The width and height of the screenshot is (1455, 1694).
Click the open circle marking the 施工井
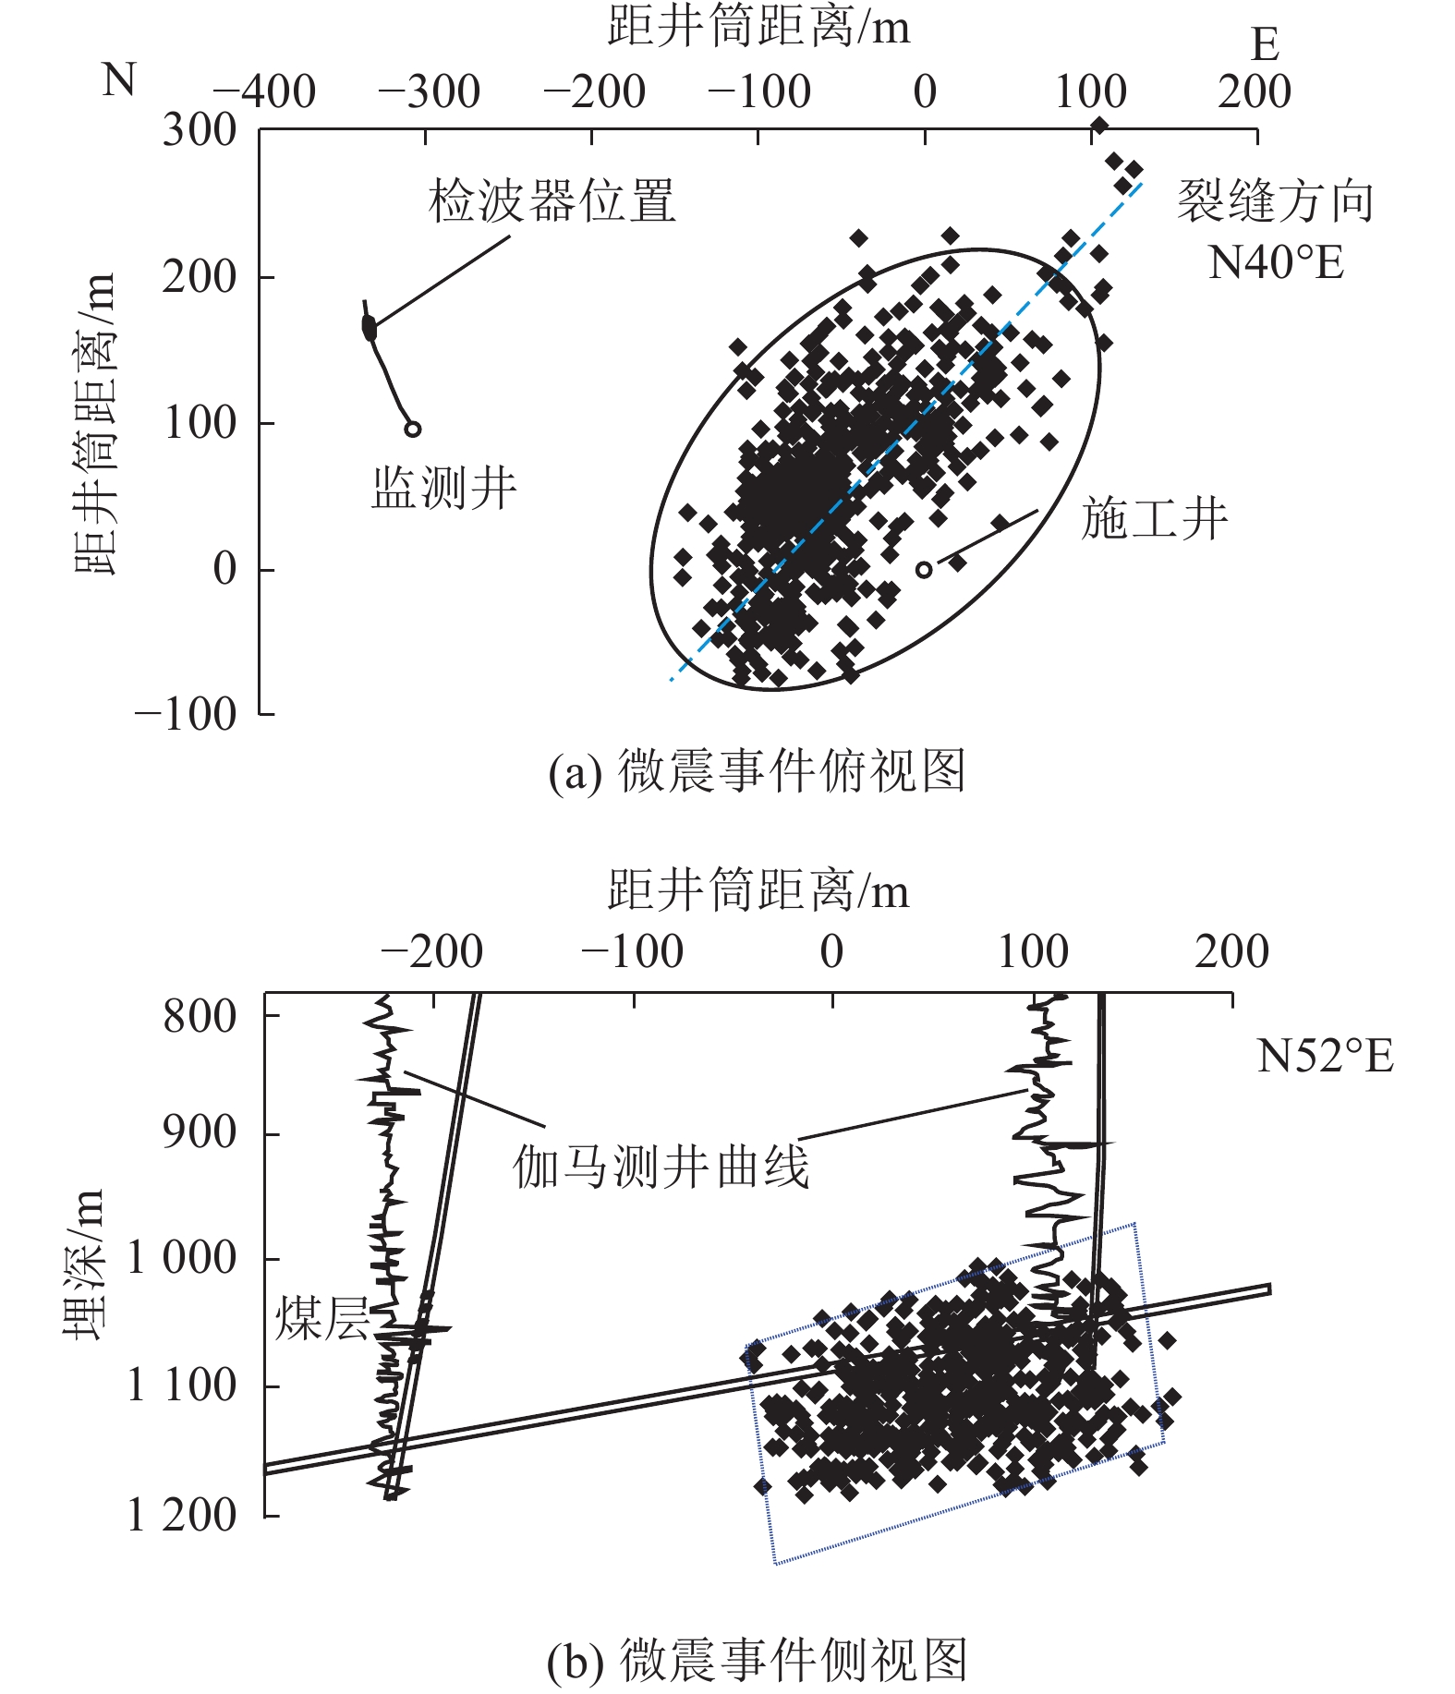pyautogui.click(x=923, y=569)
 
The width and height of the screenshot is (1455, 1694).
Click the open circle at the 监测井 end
pyautogui.click(x=413, y=429)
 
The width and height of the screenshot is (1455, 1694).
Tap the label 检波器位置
pyautogui.click(x=552, y=201)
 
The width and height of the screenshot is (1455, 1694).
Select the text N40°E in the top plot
pyautogui.click(x=1276, y=263)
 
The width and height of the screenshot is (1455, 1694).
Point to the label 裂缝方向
pyautogui.click(x=1276, y=201)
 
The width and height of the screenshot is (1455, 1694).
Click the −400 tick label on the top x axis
pyautogui.click(x=265, y=92)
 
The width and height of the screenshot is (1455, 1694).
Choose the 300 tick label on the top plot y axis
pyautogui.click(x=200, y=130)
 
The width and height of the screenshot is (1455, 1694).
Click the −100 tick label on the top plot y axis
pyautogui.click(x=187, y=715)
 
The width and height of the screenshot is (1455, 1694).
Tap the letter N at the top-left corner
pyautogui.click(x=119, y=80)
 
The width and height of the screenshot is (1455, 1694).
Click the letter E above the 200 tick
pyautogui.click(x=1265, y=44)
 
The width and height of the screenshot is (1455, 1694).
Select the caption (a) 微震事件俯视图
pyautogui.click(x=757, y=771)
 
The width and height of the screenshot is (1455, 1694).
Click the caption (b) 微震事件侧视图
pyautogui.click(x=757, y=1660)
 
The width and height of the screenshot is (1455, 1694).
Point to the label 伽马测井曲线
pyautogui.click(x=661, y=1167)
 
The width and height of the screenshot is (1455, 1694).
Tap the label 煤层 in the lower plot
pyautogui.click(x=321, y=1318)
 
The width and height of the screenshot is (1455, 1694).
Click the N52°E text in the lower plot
pyautogui.click(x=1325, y=1056)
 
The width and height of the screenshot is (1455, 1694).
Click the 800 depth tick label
pyautogui.click(x=200, y=1016)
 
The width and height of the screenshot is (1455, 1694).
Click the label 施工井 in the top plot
pyautogui.click(x=1155, y=518)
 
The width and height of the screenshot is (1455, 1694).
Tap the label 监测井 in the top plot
pyautogui.click(x=444, y=488)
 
